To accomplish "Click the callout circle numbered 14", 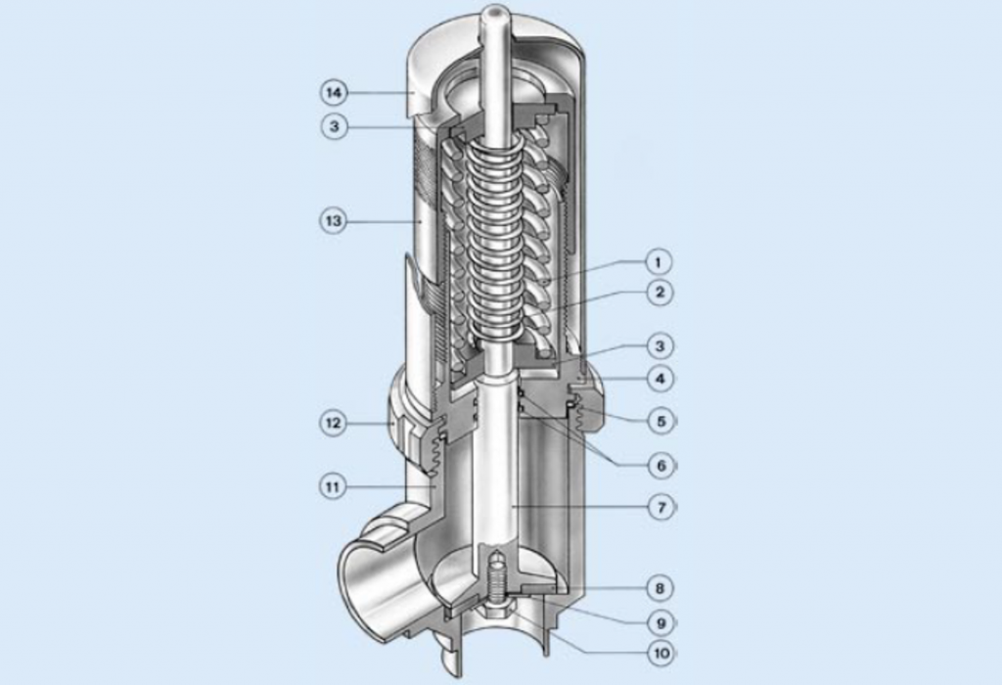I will (x=334, y=92).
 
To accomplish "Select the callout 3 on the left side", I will (x=334, y=126).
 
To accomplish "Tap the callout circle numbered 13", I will (x=334, y=221).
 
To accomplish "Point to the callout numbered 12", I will (x=334, y=423).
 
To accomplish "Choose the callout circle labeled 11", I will (x=334, y=484).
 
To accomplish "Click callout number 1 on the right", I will (x=660, y=262).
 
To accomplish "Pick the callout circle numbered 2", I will (x=660, y=292).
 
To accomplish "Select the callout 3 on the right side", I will (x=660, y=345).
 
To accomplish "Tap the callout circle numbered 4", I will (x=660, y=378).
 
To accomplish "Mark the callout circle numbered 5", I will (x=661, y=422).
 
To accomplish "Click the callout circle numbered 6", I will (x=661, y=466).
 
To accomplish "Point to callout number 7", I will (x=661, y=508).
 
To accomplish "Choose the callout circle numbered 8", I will (x=661, y=588).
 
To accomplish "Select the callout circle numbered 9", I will (x=661, y=621).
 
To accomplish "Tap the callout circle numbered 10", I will (x=661, y=651).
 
